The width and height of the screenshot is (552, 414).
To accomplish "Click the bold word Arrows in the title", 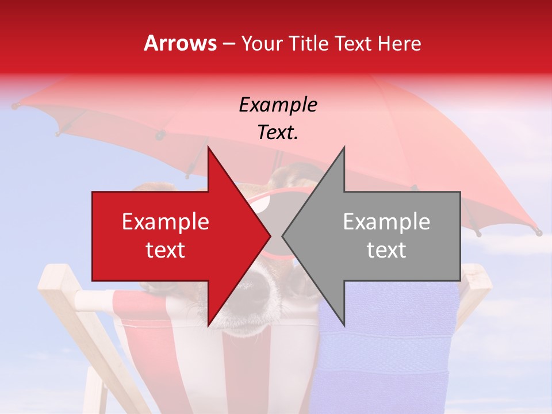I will (x=180, y=43).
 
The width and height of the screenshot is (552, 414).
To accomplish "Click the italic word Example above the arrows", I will (x=278, y=105).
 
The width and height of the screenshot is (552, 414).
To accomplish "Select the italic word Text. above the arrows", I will (x=278, y=132).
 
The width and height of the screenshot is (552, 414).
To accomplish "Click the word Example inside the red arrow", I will (x=165, y=222).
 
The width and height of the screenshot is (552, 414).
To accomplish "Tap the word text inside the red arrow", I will (x=165, y=250).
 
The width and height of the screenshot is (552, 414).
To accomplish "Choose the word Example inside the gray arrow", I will (x=386, y=222).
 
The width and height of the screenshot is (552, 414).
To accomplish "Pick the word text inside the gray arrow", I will (x=386, y=250).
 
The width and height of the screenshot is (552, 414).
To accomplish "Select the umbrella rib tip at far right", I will (x=538, y=232).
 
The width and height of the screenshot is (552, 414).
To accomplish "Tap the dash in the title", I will (x=228, y=44).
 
